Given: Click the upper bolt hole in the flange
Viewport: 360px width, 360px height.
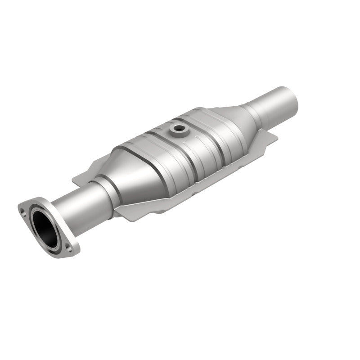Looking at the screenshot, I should [x=22, y=208].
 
